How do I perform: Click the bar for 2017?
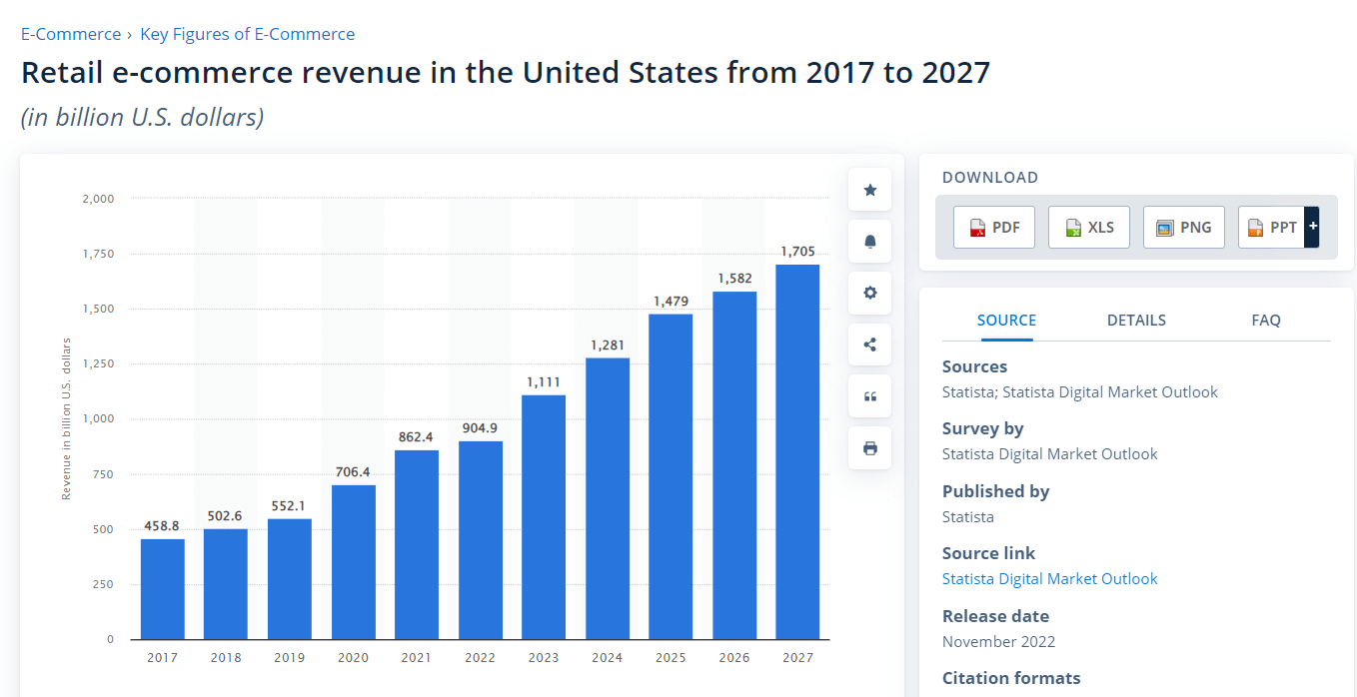tap(162, 589)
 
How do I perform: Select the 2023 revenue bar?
tap(544, 517)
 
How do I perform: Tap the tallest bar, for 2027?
tap(797, 451)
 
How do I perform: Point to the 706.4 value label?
tap(353, 471)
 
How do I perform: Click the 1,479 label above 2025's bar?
tap(671, 301)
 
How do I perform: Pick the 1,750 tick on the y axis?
tap(98, 254)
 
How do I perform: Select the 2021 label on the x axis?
tap(416, 658)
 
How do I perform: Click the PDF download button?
tap(994, 227)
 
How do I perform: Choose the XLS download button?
tap(1089, 227)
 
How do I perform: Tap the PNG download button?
tap(1184, 227)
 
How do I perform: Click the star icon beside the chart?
tap(870, 190)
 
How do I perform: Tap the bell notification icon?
tap(870, 242)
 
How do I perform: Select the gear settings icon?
tap(870, 294)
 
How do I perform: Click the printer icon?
tap(870, 448)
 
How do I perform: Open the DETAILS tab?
tap(1136, 321)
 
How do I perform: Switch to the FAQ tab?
tap(1266, 321)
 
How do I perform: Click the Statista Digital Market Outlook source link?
tap(1050, 579)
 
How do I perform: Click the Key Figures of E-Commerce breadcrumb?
tap(247, 34)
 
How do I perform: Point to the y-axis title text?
tap(66, 419)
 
